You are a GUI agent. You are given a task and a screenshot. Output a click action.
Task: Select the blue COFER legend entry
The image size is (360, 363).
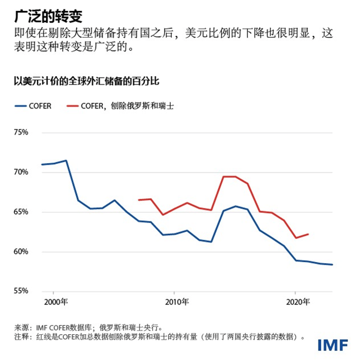coord(33,106)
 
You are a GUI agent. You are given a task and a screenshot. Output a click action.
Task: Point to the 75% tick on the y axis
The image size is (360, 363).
coord(20,132)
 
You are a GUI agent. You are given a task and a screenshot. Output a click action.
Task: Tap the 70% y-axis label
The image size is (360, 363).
coord(20,172)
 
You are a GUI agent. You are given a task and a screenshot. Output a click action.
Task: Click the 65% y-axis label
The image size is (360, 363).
coord(20,212)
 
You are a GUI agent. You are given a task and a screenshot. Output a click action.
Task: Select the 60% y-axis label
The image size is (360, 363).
coord(20,252)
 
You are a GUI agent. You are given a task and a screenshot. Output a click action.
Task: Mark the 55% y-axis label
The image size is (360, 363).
coord(20,291)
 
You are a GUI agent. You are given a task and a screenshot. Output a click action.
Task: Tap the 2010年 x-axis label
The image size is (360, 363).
coord(176,302)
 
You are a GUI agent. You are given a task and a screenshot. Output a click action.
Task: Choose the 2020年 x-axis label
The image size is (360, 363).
coord(296,302)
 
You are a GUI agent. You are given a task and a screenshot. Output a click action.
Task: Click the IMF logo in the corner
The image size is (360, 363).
coord(333,345)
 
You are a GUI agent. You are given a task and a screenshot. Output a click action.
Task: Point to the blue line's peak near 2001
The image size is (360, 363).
coord(66,161)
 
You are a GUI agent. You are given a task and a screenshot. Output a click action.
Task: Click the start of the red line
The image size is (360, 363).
coord(139,200)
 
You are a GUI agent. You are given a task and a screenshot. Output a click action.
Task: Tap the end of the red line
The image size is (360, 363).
coord(308,234)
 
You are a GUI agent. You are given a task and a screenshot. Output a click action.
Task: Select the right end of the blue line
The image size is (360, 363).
coord(332,265)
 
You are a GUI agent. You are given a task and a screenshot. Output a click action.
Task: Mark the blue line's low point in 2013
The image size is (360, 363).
coord(211,242)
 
